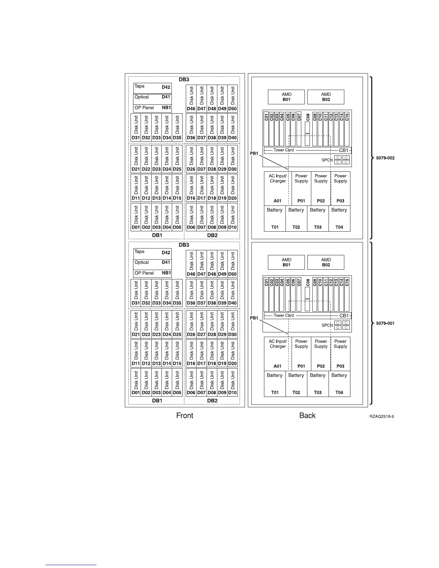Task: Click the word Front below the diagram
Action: [x=184, y=415]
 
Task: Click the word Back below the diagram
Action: [x=307, y=415]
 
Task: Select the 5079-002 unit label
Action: [x=385, y=158]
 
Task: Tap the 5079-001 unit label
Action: [x=385, y=323]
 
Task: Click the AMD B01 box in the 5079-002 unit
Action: [x=286, y=97]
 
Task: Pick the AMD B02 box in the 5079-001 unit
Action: [x=326, y=262]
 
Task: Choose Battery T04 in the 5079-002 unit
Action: [x=339, y=218]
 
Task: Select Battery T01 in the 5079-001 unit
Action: [x=275, y=383]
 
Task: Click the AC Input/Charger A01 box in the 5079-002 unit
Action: [x=278, y=188]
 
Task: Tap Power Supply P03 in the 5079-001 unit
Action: [x=340, y=354]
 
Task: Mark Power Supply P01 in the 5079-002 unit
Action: [x=301, y=188]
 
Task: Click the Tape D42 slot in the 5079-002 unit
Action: [x=152, y=87]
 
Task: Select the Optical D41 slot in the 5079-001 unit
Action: [x=152, y=262]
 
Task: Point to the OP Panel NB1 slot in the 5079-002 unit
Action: [x=152, y=108]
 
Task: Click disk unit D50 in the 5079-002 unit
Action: [x=232, y=99]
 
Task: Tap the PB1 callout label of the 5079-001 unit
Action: [x=254, y=318]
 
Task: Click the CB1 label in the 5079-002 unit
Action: [x=344, y=150]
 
